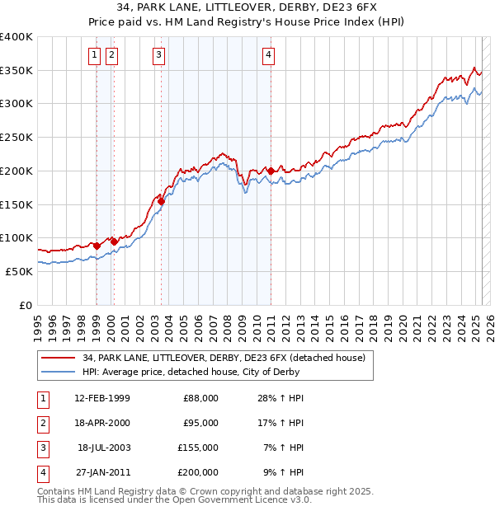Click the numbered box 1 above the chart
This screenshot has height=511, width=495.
(95, 55)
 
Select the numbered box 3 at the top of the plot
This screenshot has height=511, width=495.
(158, 55)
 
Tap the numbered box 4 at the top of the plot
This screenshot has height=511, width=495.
(269, 55)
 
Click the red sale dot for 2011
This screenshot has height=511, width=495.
(271, 171)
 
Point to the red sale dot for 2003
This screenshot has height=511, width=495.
(162, 201)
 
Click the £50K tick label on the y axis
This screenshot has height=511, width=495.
(19, 271)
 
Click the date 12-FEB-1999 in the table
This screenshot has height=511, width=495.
(101, 398)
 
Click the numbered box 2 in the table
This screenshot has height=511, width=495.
(41, 423)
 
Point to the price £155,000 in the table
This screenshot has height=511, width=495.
(198, 448)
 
